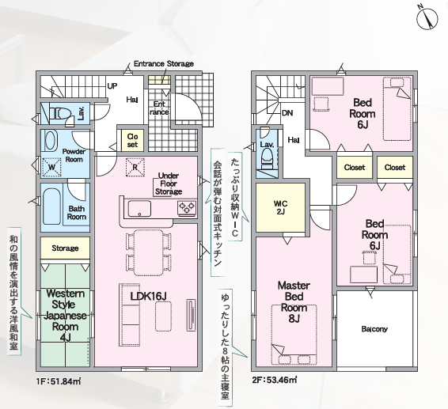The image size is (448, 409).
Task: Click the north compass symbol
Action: click(x=427, y=18)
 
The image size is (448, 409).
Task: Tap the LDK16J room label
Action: click(x=148, y=296)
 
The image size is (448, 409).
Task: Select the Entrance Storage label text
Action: click(x=164, y=63)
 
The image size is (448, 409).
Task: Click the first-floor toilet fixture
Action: click(x=59, y=114)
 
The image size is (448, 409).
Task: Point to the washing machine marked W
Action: click(x=51, y=168)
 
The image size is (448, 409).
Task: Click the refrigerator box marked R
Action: click(x=135, y=167)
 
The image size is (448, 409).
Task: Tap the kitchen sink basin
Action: click(x=139, y=209)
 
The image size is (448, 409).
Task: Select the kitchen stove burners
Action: click(x=187, y=207)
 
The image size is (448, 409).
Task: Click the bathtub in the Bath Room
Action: click(x=51, y=206)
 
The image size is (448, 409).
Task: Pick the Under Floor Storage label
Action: click(x=169, y=184)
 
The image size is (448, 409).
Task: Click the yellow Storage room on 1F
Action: click(x=65, y=248)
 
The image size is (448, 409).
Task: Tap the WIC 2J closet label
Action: click(x=280, y=207)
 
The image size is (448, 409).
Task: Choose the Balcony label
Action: click(x=374, y=329)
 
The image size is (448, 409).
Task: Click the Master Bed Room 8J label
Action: click(x=294, y=301)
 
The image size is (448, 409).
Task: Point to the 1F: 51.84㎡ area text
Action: click(x=59, y=381)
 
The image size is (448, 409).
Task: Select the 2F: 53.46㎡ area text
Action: click(x=275, y=381)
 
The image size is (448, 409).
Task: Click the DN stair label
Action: click(x=287, y=113)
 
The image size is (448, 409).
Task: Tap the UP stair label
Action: click(x=112, y=85)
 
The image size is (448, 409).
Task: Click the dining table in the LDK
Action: click(x=149, y=252)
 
